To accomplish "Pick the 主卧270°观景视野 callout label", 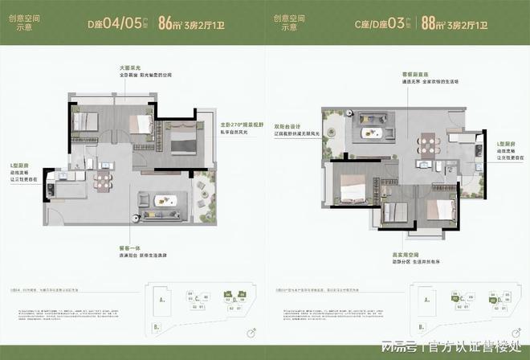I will pyautogui.click(x=241, y=125).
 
